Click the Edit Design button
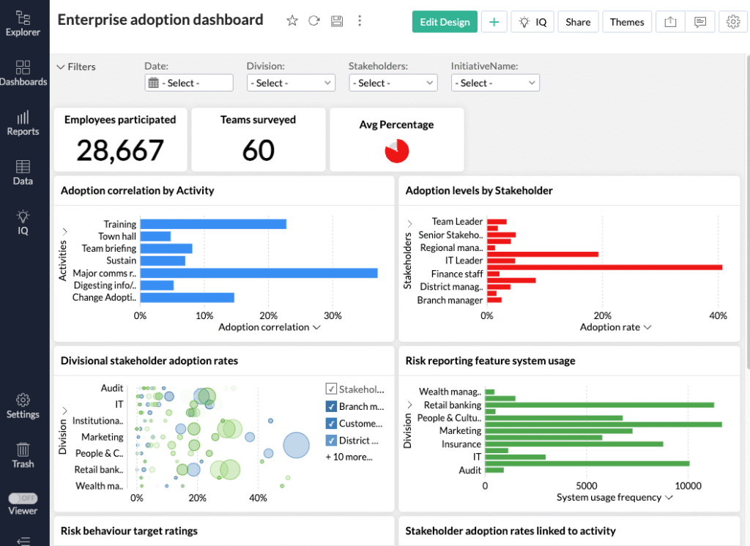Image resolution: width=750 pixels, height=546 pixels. (x=445, y=22)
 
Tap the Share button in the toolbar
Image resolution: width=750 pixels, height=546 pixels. (x=578, y=22)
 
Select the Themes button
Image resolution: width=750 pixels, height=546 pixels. (x=627, y=22)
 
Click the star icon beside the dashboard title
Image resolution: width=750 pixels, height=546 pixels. (x=292, y=21)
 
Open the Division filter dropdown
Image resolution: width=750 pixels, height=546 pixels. (x=291, y=83)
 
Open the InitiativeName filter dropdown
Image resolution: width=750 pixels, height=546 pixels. (x=495, y=83)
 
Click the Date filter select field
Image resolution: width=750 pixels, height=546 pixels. (x=189, y=83)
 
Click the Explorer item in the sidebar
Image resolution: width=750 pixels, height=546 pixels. (x=23, y=23)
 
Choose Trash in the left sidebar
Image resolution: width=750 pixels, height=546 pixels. (x=23, y=455)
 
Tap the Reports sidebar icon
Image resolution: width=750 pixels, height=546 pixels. (x=23, y=123)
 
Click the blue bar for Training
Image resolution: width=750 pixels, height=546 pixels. (x=212, y=224)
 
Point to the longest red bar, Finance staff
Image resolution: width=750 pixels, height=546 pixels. (x=604, y=267)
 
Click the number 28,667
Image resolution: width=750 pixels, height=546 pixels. (x=120, y=150)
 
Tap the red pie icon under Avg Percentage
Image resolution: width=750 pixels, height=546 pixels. (x=396, y=151)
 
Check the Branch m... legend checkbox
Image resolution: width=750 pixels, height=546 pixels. (x=331, y=407)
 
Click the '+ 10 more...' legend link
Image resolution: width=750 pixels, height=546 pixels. (x=349, y=457)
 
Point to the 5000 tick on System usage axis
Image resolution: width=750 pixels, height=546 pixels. (x=587, y=485)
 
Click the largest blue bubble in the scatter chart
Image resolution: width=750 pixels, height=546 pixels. (x=296, y=445)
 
